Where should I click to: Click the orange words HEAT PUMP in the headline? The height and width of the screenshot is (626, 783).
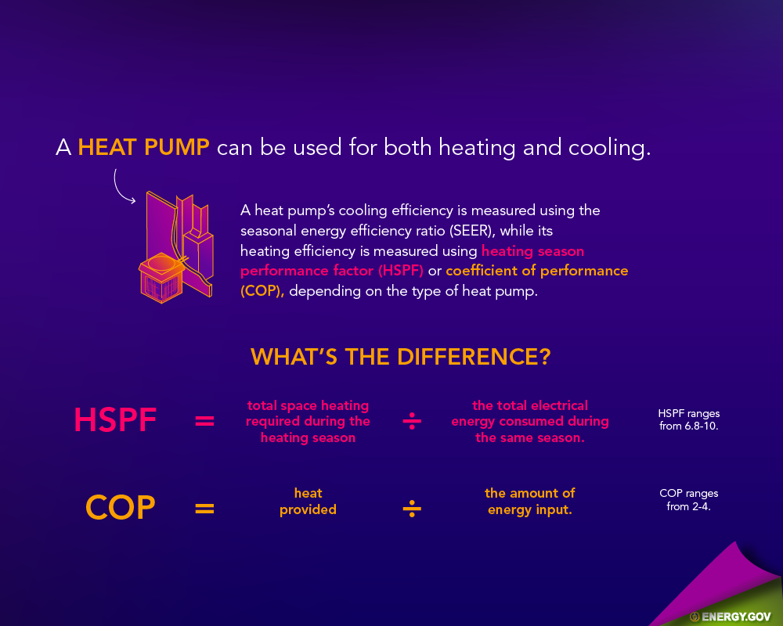point(144,147)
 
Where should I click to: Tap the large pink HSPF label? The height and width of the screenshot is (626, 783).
point(115,420)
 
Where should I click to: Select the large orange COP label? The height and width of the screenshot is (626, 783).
point(121,508)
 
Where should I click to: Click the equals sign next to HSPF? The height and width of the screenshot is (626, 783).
point(204,421)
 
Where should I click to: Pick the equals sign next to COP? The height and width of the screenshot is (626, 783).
point(204,509)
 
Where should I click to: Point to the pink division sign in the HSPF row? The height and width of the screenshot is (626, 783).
point(412,421)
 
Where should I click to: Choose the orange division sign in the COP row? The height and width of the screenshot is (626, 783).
point(412,509)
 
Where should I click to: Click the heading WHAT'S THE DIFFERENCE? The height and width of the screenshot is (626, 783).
point(400,357)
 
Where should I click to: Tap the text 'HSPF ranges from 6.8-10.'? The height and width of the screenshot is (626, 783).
point(688,420)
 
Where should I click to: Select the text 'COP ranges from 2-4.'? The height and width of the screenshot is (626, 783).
point(688,500)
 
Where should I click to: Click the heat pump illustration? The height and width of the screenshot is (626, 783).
point(175,247)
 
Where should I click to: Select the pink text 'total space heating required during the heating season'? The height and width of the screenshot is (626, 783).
point(308,421)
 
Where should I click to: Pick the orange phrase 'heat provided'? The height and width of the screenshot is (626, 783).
point(308,502)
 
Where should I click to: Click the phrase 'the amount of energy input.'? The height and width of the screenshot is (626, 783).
point(530,502)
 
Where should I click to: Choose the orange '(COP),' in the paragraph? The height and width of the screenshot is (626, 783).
point(262,290)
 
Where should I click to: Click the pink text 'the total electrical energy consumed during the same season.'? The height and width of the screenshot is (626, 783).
point(530,421)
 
